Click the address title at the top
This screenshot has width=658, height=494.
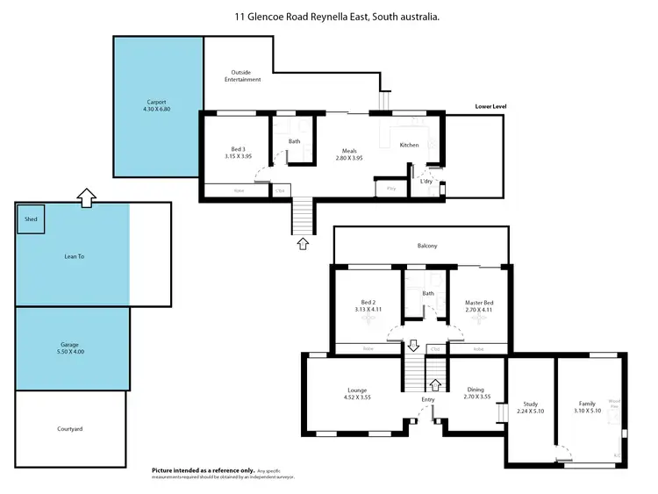point(337,17)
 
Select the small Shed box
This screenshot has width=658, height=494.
point(31,219)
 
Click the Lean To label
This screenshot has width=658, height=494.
point(75,256)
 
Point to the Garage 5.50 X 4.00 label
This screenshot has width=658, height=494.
point(72,348)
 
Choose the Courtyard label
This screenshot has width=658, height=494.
point(69,429)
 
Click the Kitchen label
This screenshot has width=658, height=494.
point(409,145)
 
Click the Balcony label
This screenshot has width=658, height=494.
point(427,247)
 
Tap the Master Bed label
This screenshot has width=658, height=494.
point(479,307)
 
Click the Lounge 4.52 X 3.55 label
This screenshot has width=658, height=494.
point(357,394)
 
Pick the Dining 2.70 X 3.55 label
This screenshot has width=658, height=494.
point(475,394)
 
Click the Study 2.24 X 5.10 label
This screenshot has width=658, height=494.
point(530,407)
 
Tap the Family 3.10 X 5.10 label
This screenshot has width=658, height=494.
point(586,407)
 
